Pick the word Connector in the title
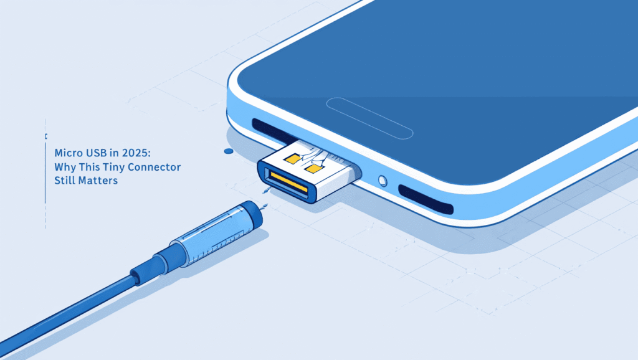155,167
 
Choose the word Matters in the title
98,181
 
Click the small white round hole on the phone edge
383,181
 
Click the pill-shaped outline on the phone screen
370,116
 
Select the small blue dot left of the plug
229,151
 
